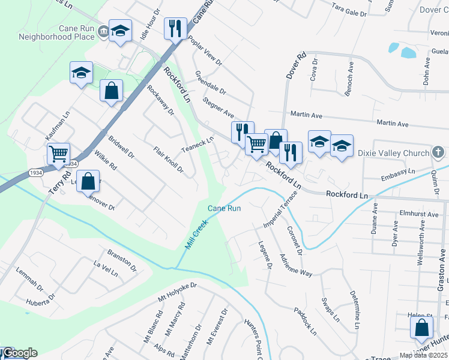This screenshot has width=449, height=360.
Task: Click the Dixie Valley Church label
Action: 393,154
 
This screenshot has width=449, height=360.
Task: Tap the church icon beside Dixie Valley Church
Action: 439,153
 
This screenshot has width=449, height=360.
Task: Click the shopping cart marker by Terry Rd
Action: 59,154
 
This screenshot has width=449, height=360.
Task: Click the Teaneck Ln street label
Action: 198,145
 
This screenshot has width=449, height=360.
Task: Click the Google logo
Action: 20,353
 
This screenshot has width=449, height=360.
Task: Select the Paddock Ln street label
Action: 306,322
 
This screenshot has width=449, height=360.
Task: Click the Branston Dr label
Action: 122,260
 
